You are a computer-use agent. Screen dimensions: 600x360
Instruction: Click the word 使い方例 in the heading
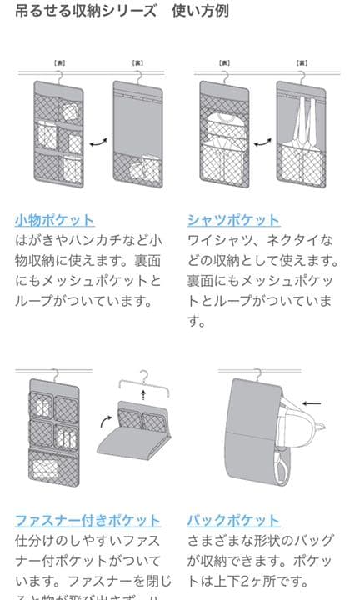tap(201, 11)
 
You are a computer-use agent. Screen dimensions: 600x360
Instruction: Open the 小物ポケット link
tap(54, 220)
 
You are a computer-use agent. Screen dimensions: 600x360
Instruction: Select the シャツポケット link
tap(233, 220)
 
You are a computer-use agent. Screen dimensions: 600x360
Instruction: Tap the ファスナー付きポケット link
tap(87, 521)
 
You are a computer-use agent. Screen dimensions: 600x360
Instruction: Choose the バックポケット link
tap(233, 521)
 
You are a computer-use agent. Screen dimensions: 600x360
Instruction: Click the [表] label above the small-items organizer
tap(58, 62)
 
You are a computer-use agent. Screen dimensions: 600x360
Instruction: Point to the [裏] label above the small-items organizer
tap(137, 62)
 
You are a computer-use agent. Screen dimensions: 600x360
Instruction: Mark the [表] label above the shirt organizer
tap(225, 62)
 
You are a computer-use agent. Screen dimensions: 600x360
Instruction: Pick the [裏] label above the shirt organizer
tap(303, 62)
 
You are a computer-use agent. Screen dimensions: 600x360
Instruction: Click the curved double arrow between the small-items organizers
tap(97, 143)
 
